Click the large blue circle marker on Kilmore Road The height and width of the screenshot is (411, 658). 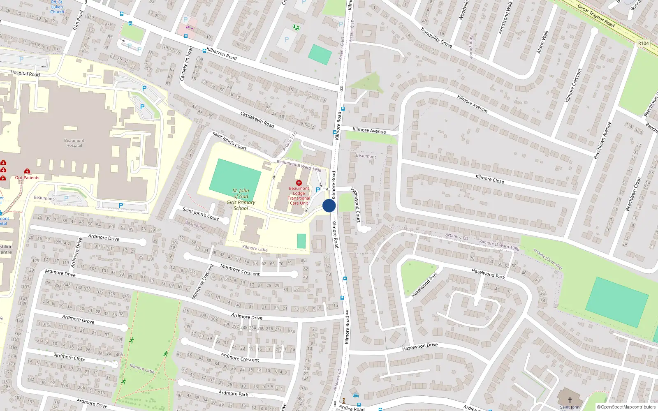coord(329,205)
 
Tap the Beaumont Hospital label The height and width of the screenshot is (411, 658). coord(74,143)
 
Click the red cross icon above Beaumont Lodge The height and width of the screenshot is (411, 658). coord(299,183)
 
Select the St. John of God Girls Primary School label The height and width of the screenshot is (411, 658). coord(241,199)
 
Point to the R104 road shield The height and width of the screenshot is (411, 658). coord(643,43)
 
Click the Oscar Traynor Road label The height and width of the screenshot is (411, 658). coord(595,16)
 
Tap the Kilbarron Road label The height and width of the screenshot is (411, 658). coord(222,54)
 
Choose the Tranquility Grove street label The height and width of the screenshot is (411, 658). coord(436,37)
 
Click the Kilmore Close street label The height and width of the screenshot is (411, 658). coord(489,179)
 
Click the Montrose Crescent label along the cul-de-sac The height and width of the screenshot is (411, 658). coord(240,270)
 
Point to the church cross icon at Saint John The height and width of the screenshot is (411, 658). coord(570,399)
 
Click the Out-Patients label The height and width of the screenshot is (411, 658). coord(27,178)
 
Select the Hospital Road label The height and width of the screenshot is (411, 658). coord(25,74)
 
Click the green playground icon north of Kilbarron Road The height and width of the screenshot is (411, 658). coord(296,28)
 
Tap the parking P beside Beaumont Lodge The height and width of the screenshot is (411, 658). coord(317,190)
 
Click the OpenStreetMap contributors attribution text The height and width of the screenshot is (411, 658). coord(626,407)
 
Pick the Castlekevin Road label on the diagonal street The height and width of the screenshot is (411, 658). coord(257,119)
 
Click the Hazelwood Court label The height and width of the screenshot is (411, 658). coord(356,205)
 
